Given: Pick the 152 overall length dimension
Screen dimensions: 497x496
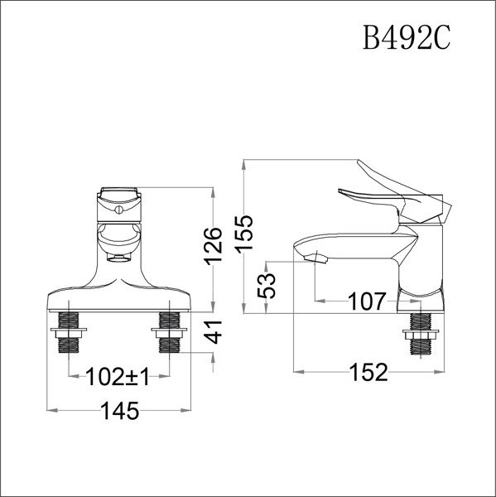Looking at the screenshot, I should (368, 372).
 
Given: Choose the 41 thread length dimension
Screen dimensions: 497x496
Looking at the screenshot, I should (214, 333).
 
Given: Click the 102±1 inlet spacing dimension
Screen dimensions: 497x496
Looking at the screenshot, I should (118, 379).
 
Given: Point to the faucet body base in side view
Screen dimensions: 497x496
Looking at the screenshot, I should (421, 297).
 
